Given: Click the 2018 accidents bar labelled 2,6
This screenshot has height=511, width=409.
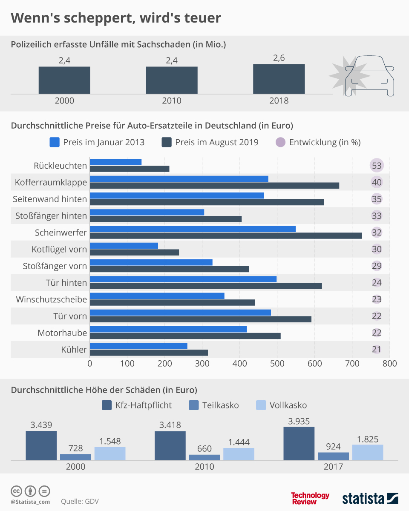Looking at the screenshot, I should tap(279, 79).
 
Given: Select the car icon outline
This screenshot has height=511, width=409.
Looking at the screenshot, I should tap(369, 75).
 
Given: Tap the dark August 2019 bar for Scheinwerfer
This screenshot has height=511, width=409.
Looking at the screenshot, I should tap(226, 235).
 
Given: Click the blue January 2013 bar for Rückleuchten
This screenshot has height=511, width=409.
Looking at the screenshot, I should tap(115, 162).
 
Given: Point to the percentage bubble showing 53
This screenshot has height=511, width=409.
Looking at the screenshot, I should tap(377, 165).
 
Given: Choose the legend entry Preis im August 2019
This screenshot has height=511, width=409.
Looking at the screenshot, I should tap(210, 142).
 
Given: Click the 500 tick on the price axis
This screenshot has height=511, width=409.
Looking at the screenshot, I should tap(277, 364).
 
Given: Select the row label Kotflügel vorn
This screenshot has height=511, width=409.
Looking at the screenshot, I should tap(59, 249).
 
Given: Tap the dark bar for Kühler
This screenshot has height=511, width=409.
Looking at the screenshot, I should tap(149, 353).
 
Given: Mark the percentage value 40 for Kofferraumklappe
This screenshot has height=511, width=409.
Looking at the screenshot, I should tap(377, 182).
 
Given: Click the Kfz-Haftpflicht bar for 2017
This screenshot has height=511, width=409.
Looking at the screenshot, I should tap(299, 443).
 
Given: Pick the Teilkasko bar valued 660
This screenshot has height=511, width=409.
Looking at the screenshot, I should tap(204, 457).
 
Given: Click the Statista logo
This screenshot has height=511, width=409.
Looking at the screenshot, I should tap(370, 498).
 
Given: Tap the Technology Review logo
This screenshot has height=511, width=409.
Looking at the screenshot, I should tap(310, 498).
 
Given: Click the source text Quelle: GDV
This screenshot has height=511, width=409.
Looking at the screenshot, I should tap(80, 501).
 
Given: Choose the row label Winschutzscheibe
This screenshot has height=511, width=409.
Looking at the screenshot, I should tap(52, 299).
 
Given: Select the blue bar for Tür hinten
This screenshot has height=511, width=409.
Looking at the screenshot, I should tap(183, 279).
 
